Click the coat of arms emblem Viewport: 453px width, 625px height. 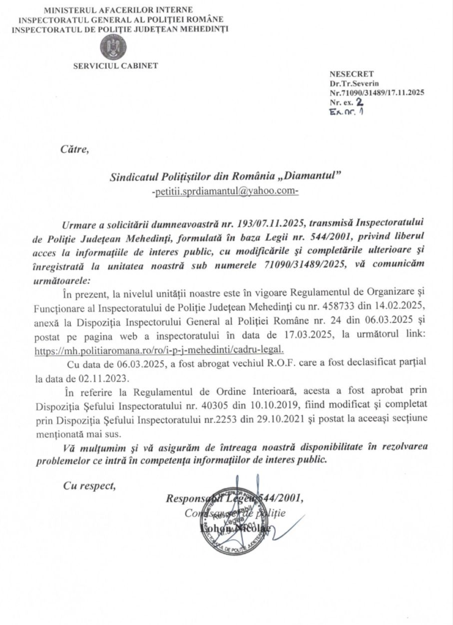coord(113,46)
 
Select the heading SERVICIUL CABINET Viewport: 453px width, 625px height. coord(115,66)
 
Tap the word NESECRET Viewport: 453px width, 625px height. coord(347,74)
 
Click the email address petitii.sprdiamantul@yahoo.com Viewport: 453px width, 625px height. coord(224,191)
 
